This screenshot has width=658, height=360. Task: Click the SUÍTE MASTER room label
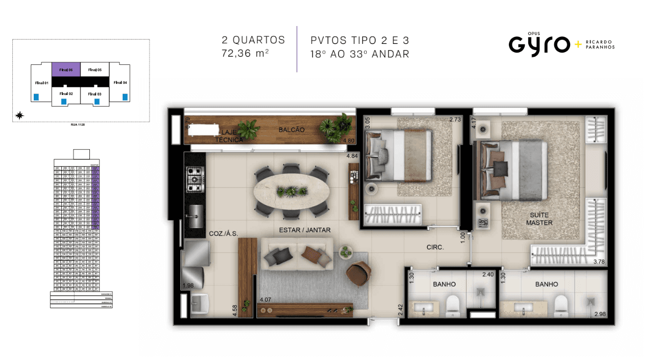[x=539, y=219]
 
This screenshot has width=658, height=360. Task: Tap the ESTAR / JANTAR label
[x=304, y=230]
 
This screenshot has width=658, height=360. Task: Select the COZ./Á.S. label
[x=224, y=233]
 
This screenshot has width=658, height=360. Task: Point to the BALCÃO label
[x=292, y=130]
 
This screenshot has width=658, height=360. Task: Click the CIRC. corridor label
[x=435, y=247]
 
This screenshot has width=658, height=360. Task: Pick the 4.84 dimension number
[x=353, y=156]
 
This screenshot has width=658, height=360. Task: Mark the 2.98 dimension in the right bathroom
[x=600, y=314]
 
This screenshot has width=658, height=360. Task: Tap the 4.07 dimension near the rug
[x=266, y=300]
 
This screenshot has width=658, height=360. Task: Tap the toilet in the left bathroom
[x=453, y=305]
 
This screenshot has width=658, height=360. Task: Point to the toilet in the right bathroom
[x=560, y=305]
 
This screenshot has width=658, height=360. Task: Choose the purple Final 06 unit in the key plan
[x=66, y=69]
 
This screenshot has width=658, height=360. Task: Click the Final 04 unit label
[x=120, y=82]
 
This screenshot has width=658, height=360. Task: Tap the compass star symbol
[x=19, y=115]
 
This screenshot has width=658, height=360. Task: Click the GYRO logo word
[x=539, y=44]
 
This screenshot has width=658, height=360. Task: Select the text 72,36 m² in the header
[x=245, y=53]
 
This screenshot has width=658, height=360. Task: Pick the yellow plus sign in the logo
[x=578, y=44]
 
